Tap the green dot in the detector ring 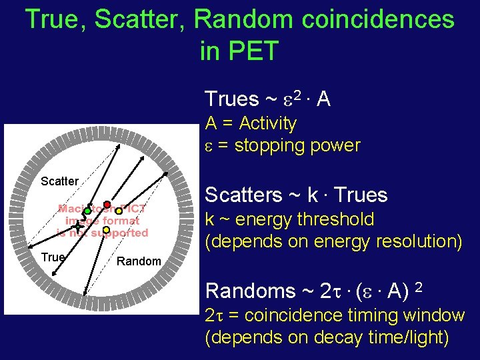pyautogui.click(x=87, y=211)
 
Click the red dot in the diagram pyautogui.click(x=107, y=204)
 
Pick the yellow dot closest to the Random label pyautogui.click(x=105, y=230)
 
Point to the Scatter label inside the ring pyautogui.click(x=59, y=181)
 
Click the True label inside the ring pyautogui.click(x=53, y=257)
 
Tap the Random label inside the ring pyautogui.click(x=139, y=261)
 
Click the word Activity pyautogui.click(x=267, y=123)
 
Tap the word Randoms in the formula pyautogui.click(x=251, y=291)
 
